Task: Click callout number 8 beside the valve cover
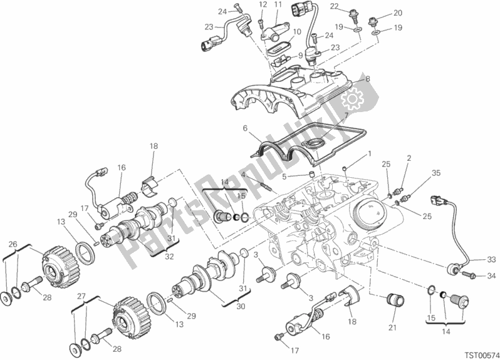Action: [368, 79]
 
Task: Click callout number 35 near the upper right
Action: [436, 174]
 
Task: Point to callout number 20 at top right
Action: [397, 13]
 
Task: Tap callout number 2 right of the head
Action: [409, 158]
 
